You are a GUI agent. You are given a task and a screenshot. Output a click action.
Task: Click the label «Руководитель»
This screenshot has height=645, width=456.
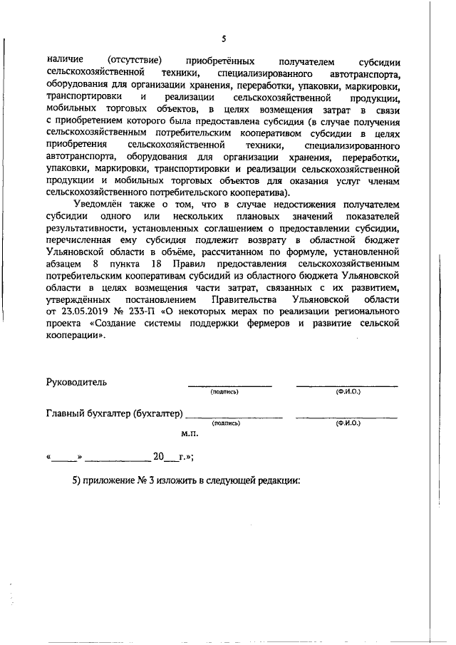[76, 382]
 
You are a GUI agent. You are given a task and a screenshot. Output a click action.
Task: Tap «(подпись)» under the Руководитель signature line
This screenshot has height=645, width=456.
[224, 392]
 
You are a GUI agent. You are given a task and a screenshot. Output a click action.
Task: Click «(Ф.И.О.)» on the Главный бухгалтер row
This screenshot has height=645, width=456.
[347, 423]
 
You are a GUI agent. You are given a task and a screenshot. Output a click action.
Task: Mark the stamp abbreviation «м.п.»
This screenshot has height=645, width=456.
[190, 433]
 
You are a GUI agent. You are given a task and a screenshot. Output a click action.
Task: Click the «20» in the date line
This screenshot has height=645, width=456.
[159, 457]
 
